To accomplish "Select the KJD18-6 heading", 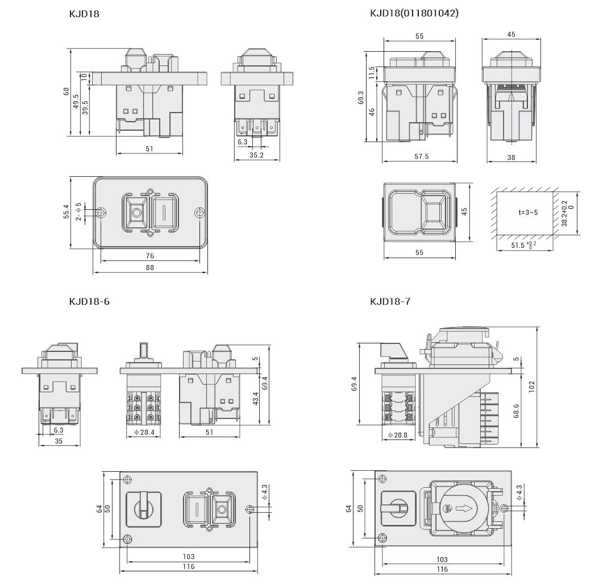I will [x=89, y=301].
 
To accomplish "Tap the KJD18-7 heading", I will [x=389, y=301].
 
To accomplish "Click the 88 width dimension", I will [x=151, y=268].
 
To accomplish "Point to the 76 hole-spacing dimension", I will [x=151, y=256].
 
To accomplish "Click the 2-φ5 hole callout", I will [x=78, y=213].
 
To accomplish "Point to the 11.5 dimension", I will [x=372, y=73].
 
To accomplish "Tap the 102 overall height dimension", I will [x=531, y=386].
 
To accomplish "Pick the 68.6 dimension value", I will [x=515, y=409].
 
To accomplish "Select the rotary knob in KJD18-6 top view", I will [x=142, y=507].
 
